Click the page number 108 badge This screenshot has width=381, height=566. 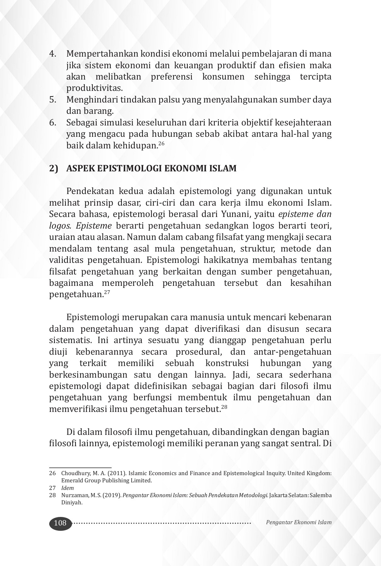point(60,523)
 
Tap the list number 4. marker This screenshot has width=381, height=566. point(53,54)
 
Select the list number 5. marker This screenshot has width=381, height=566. point(53,100)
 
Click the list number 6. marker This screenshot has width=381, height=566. point(53,123)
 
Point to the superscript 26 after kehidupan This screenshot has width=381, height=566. point(161,144)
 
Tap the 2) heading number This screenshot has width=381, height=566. point(54,169)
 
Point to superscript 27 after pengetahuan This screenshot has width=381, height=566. point(106,292)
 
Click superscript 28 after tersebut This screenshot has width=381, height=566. point(224,407)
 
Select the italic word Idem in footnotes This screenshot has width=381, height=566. point(68,488)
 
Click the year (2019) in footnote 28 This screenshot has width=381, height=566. point(114,495)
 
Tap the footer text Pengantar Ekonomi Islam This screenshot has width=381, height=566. point(298,523)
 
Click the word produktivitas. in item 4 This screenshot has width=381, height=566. point(94,88)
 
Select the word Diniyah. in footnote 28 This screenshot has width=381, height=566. point(72,502)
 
